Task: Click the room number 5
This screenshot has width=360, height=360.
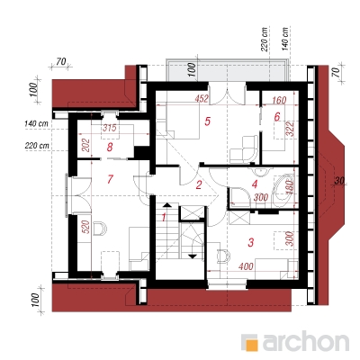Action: tap(207, 121)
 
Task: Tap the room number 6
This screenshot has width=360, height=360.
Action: tap(277, 116)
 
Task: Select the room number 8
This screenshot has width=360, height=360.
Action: tap(110, 148)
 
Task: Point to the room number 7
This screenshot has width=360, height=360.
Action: tap(110, 179)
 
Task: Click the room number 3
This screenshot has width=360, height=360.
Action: tap(251, 242)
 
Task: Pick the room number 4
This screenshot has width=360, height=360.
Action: tap(255, 184)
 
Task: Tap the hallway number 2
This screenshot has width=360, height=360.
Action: tap(199, 184)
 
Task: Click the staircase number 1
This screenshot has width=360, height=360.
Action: tap(164, 217)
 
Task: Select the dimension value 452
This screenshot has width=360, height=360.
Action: tap(202, 99)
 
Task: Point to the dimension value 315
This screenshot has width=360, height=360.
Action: tap(110, 128)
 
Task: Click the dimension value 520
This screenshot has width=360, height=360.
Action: tap(85, 228)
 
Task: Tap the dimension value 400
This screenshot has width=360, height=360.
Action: tap(246, 265)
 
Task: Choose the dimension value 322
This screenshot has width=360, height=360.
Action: tap(290, 129)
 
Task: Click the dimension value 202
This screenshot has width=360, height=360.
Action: tap(86, 145)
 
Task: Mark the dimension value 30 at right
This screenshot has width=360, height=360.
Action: tap(339, 181)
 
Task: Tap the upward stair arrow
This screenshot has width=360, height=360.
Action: tap(166, 205)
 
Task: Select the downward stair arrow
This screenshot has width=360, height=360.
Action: tap(193, 256)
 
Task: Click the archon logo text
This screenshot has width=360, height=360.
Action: tap(306, 341)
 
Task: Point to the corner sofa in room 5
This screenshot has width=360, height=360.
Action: tap(244, 148)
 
